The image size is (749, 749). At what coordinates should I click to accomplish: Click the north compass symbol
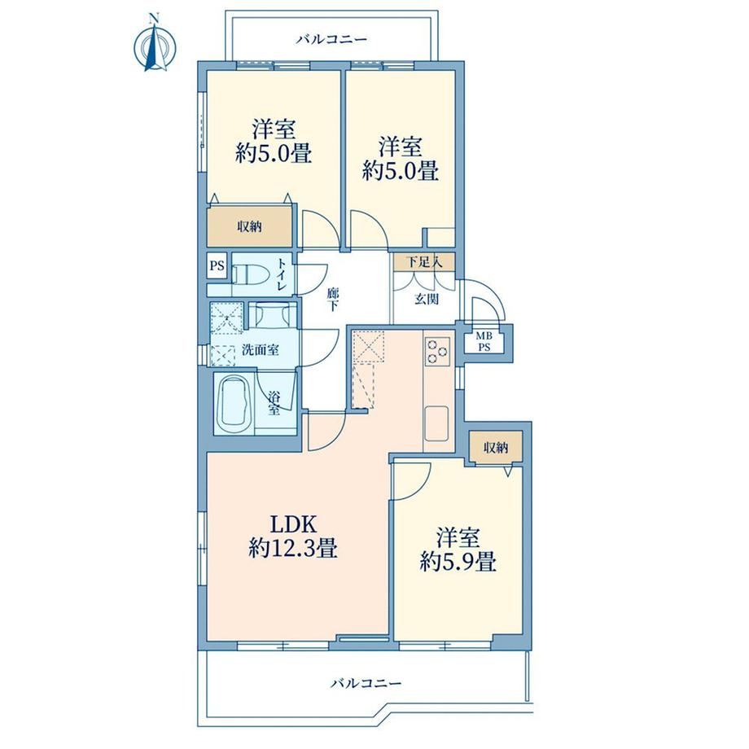pos(154,46)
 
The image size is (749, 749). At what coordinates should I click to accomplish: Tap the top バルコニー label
pos(331,39)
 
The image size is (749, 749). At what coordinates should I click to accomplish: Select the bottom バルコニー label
pos(366,684)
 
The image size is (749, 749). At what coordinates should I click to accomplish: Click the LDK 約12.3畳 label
pos(293,536)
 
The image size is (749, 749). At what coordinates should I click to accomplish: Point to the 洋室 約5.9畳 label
pos(458,550)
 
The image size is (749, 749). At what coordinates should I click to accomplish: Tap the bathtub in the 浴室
pos(234,405)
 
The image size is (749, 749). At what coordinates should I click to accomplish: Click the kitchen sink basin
pos(436,423)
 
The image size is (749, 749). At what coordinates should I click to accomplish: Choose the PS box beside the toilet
pos(217,265)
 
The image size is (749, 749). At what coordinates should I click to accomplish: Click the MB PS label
pos(484,342)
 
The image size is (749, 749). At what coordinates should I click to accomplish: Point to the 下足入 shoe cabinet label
pos(423,262)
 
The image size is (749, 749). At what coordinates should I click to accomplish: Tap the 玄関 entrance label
pos(426,300)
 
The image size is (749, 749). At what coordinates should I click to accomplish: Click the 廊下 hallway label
pos(333,299)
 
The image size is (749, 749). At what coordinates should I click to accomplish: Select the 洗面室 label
pos(260,350)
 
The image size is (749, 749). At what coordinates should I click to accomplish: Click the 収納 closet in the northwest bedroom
pos(249,226)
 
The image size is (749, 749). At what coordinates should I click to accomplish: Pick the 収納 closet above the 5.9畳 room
pos(495,448)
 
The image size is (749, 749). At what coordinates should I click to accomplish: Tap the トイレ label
pos(282,274)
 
